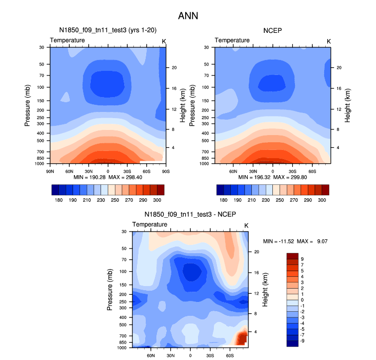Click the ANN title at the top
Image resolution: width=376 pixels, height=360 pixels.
coord(188,16)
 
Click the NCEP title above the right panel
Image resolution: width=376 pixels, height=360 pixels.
coord(272,30)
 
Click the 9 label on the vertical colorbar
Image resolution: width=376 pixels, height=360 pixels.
coord(302,258)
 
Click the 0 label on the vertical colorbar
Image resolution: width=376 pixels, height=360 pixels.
coord(302,299)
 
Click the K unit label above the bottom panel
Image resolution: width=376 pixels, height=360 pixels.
coord(246,226)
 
